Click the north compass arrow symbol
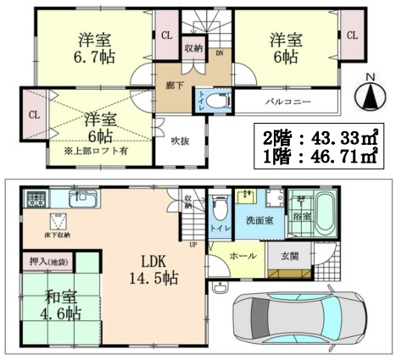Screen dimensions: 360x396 [371, 95]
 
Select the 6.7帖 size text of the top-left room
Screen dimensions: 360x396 [89, 58]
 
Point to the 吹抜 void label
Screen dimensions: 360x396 [181, 141]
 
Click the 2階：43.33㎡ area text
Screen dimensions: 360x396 [322, 136]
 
